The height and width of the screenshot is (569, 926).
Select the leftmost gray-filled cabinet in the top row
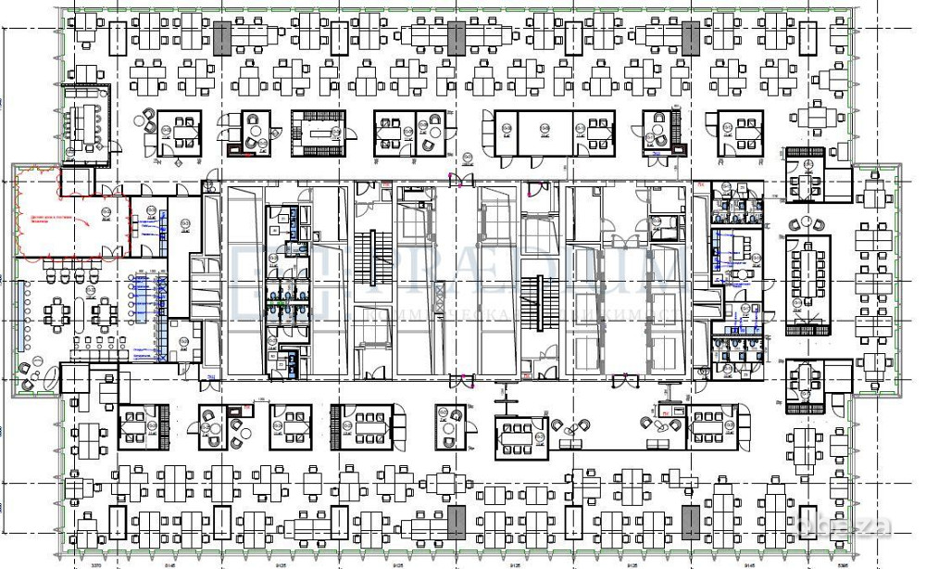tap(221, 38)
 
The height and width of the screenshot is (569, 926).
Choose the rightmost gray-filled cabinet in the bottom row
tap(690, 523)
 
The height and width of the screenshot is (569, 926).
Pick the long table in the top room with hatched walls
tap(321, 133)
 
